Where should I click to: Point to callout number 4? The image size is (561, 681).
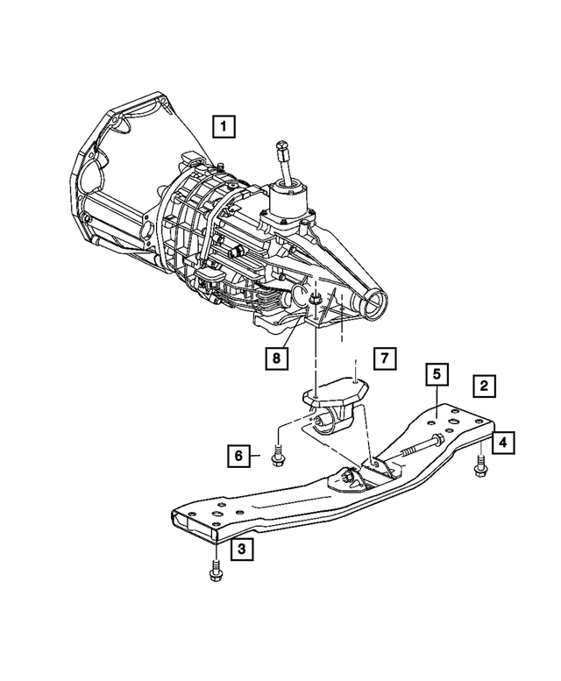(x=502, y=443)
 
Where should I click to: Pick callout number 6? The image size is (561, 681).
(x=237, y=455)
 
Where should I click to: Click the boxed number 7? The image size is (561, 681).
(x=384, y=358)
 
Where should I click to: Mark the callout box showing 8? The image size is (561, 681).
(x=276, y=358)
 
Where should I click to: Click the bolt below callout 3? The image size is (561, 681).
(x=214, y=572)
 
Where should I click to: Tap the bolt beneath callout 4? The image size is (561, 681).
(x=480, y=469)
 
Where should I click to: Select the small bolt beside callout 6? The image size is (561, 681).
(x=278, y=457)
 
